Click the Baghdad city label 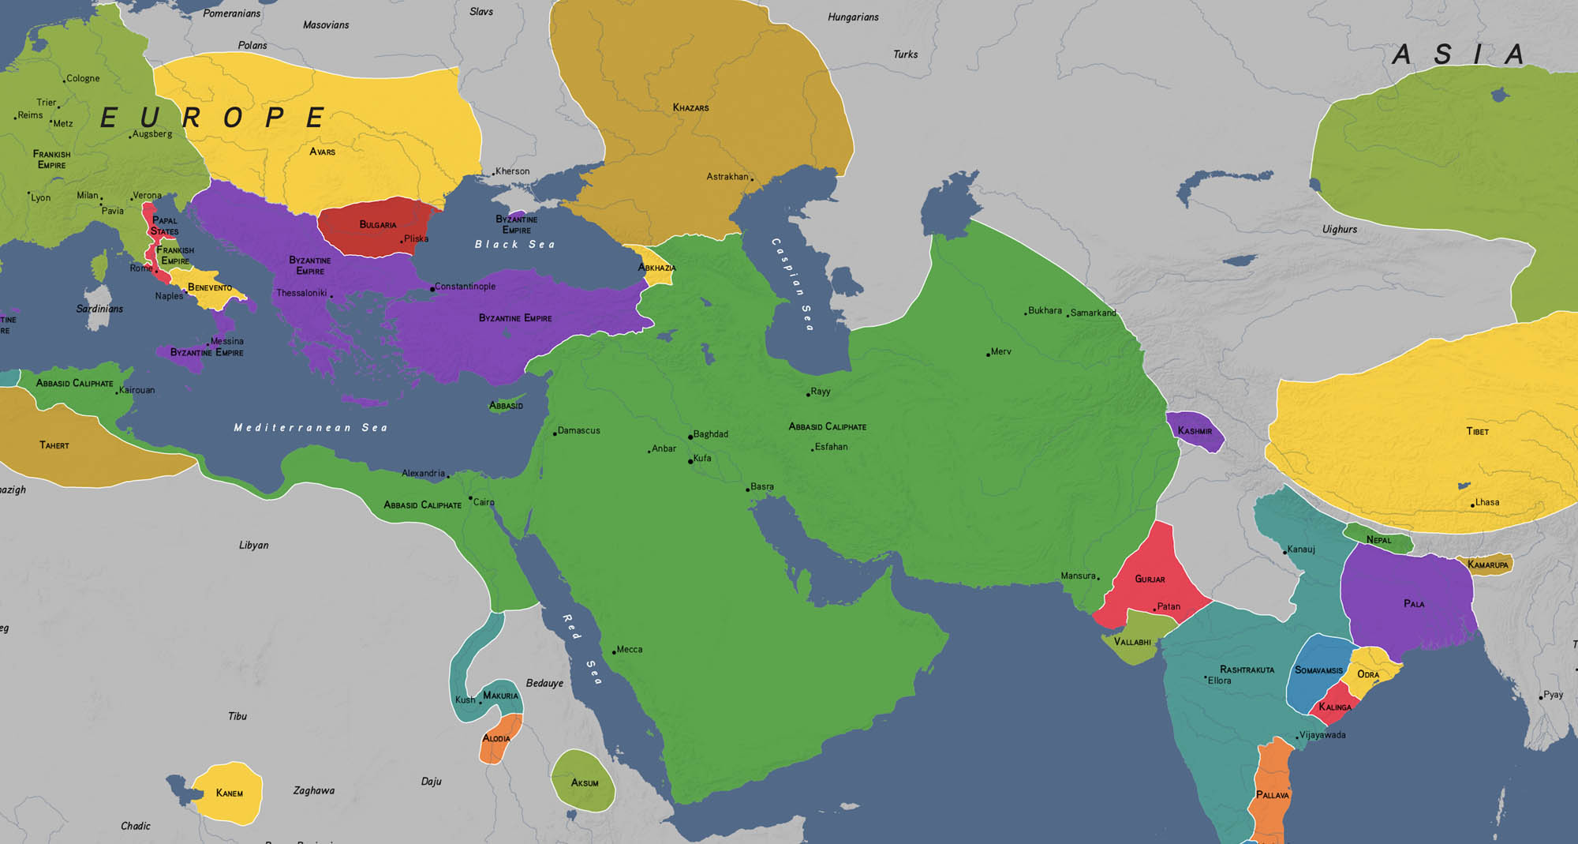pyautogui.click(x=710, y=434)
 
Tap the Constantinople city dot pyautogui.click(x=432, y=289)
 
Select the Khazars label pyautogui.click(x=690, y=107)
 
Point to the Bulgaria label pyautogui.click(x=378, y=225)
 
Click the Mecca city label pyautogui.click(x=630, y=650)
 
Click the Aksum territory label pyautogui.click(x=585, y=783)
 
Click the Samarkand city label pyautogui.click(x=1093, y=313)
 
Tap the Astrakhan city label pyautogui.click(x=727, y=177)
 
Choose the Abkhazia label pyautogui.click(x=656, y=268)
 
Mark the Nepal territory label pyautogui.click(x=1378, y=540)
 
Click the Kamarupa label pyautogui.click(x=1487, y=565)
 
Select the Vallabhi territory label pyautogui.click(x=1131, y=642)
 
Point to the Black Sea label pyautogui.click(x=514, y=245)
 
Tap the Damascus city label pyautogui.click(x=578, y=431)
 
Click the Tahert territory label pyautogui.click(x=54, y=445)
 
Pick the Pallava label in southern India pyautogui.click(x=1272, y=795)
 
